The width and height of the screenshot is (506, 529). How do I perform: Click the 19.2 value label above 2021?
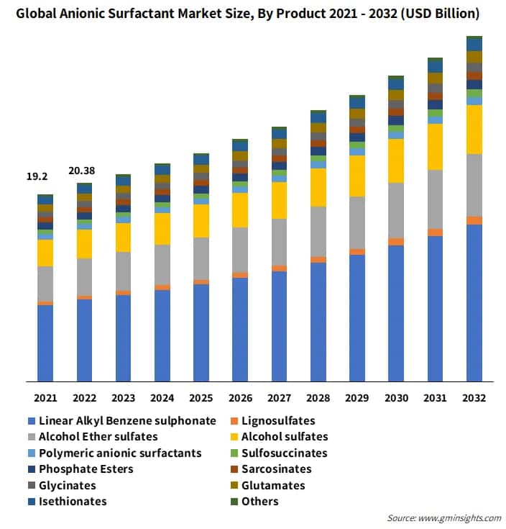pos(37,176)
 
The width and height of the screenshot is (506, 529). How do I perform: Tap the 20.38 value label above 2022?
pos(82,171)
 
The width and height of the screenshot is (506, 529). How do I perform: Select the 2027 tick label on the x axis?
pos(279,397)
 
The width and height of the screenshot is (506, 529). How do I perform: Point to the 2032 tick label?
pos(474,397)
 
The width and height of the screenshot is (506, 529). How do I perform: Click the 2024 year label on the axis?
pos(162,397)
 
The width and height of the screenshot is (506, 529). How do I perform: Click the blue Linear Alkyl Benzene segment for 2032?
pos(474,302)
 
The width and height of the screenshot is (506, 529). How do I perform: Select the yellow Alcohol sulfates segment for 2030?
pos(396,160)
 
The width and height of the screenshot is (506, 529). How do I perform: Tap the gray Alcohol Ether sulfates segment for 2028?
pos(318,232)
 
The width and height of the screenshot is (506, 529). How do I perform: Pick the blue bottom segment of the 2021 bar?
pos(45,343)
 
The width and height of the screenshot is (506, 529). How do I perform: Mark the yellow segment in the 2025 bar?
pos(201,221)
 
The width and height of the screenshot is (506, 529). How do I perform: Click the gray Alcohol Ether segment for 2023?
pos(123,271)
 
